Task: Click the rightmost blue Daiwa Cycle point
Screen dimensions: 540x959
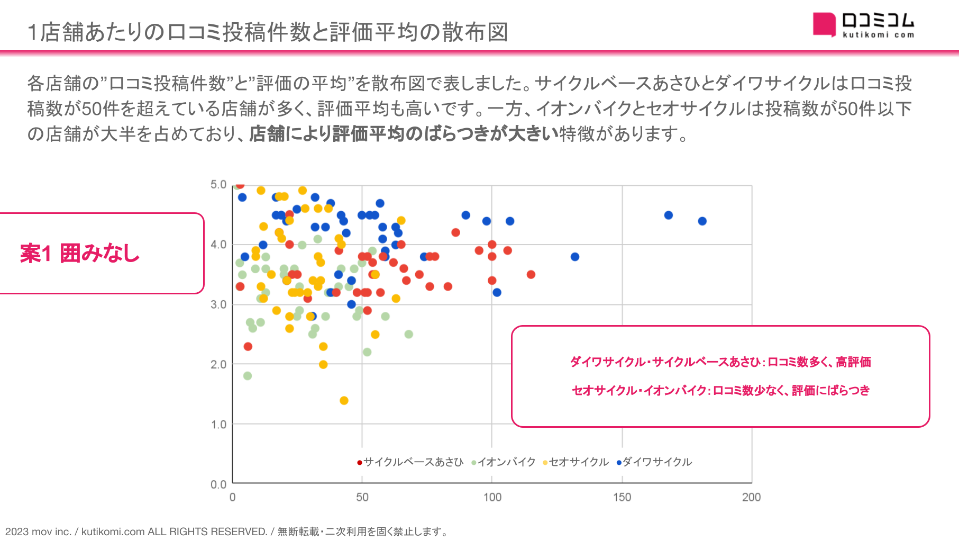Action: click(x=702, y=221)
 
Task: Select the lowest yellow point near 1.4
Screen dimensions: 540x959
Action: click(x=344, y=400)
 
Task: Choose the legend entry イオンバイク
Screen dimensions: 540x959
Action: click(x=504, y=462)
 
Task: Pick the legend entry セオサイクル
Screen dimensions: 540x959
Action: click(x=576, y=462)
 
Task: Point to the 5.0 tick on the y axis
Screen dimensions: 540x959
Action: click(x=218, y=185)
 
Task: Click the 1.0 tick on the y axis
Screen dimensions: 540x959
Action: click(x=218, y=425)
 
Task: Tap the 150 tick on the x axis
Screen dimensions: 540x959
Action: click(x=622, y=497)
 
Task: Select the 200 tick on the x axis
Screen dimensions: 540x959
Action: click(x=751, y=497)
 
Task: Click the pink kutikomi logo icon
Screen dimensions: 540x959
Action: click(x=824, y=24)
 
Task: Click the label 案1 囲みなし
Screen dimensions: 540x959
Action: click(x=80, y=253)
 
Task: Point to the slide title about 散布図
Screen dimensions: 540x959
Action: click(x=268, y=32)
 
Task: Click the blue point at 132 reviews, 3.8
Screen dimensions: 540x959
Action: click(x=575, y=257)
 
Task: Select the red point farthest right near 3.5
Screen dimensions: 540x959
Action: click(x=531, y=274)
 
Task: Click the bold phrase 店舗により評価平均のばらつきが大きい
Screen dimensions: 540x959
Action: click(x=404, y=134)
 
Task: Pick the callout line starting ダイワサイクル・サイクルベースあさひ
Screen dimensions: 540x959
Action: click(x=720, y=362)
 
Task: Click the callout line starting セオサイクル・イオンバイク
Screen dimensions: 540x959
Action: click(x=720, y=391)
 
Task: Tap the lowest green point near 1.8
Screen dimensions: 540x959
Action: click(x=248, y=376)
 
